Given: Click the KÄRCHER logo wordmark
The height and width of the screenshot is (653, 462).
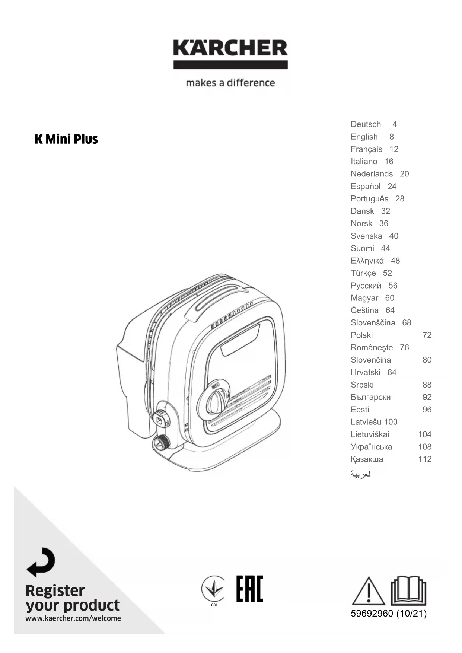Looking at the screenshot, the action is pyautogui.click(x=230, y=49).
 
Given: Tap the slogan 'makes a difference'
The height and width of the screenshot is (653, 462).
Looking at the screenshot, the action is pyautogui.click(x=230, y=83).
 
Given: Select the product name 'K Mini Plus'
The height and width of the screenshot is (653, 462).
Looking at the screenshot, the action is pyautogui.click(x=66, y=139).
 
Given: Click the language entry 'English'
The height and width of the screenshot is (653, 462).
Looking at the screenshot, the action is pyautogui.click(x=364, y=137).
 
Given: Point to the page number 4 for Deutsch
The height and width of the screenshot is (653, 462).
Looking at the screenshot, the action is pyautogui.click(x=395, y=124).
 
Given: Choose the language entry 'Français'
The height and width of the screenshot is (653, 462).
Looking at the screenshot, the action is pyautogui.click(x=366, y=149).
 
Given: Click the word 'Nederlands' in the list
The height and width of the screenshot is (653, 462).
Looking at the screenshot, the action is pyautogui.click(x=372, y=174).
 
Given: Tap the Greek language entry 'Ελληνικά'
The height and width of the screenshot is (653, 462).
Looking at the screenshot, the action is pyautogui.click(x=367, y=261).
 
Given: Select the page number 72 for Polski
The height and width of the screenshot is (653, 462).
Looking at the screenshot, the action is pyautogui.click(x=427, y=335).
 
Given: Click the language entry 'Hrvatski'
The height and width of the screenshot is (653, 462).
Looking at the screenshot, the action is pyautogui.click(x=366, y=372).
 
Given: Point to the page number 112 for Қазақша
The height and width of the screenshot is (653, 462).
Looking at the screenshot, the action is pyautogui.click(x=425, y=459).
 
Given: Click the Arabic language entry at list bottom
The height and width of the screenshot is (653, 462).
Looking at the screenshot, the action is pyautogui.click(x=360, y=474).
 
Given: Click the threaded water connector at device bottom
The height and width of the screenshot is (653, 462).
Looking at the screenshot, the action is pyautogui.click(x=161, y=443).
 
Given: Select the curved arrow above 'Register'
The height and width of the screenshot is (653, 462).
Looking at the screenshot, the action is pyautogui.click(x=41, y=562).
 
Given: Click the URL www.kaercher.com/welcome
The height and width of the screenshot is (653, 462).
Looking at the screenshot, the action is pyautogui.click(x=73, y=618).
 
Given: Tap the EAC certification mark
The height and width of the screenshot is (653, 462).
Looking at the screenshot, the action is pyautogui.click(x=249, y=589).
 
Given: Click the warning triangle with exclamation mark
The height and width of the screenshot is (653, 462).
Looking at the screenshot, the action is pyautogui.click(x=368, y=591).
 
